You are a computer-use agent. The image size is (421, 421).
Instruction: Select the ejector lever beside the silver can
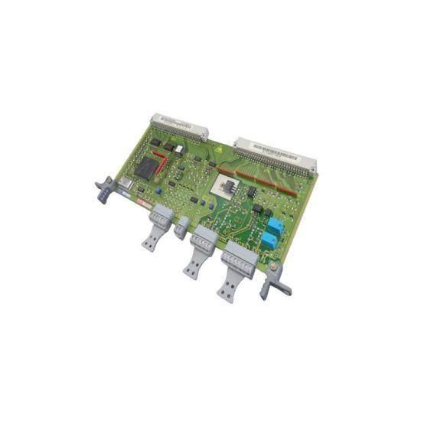coord(103,190)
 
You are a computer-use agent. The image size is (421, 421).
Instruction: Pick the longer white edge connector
coord(276,154)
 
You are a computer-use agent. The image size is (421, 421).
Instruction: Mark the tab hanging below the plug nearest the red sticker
coord(150,240)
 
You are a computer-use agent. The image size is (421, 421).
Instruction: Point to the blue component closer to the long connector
coord(274,225)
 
